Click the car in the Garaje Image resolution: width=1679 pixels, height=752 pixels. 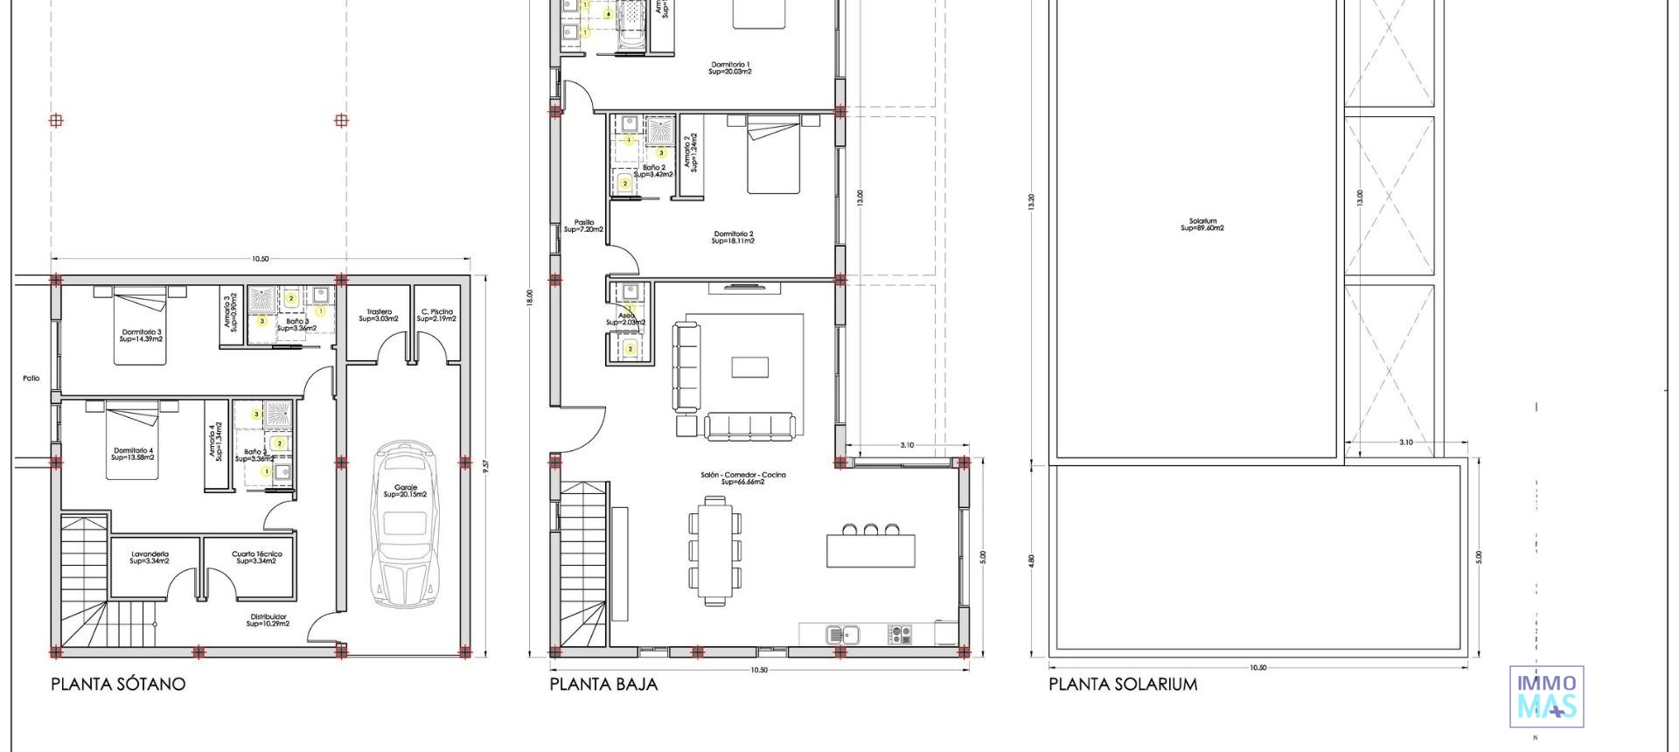point(404,525)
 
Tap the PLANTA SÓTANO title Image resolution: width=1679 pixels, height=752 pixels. point(118,684)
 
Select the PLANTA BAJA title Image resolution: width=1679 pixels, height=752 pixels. point(603,684)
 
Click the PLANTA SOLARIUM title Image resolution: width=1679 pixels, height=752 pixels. point(1123,684)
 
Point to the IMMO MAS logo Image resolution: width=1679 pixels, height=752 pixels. point(1546,697)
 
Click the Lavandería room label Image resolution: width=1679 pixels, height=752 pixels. point(150,557)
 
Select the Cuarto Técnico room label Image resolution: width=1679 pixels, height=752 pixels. point(256,557)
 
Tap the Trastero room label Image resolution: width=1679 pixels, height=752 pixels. point(379,315)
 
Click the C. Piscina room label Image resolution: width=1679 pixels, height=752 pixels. point(436,315)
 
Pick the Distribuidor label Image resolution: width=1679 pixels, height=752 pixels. point(268,620)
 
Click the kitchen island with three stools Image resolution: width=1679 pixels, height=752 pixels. point(871,548)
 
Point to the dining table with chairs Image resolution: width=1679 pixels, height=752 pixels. point(715,549)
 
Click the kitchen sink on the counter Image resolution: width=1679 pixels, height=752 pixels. point(844,634)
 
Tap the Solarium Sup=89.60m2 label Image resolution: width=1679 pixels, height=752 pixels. point(1202,225)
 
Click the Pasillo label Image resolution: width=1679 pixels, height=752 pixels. point(583,226)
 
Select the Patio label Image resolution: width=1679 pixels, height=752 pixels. point(31,379)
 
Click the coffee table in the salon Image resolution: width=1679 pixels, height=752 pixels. point(749,366)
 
